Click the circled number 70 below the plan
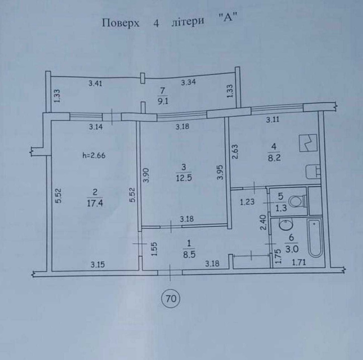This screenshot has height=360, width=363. tap(171, 298)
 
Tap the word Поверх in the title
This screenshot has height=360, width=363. tap(121, 23)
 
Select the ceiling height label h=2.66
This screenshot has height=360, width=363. tap(94, 156)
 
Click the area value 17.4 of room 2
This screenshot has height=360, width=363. tap(95, 203)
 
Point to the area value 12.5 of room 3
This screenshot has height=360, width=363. tap(184, 178)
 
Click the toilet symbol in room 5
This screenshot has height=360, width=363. tap(297, 201)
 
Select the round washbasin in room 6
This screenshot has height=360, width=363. tap(286, 224)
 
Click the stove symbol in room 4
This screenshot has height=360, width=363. tap(308, 143)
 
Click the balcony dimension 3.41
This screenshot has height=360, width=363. tap(95, 83)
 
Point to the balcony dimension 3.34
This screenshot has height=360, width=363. tap(188, 82)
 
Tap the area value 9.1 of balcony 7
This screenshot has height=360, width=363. tap(163, 101)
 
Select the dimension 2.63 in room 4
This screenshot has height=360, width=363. tap(235, 152)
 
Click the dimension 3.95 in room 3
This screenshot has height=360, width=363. tap(220, 172)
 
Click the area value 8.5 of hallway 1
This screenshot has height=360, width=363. tap(189, 255)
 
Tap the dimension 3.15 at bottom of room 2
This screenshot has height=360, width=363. tap(97, 264)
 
